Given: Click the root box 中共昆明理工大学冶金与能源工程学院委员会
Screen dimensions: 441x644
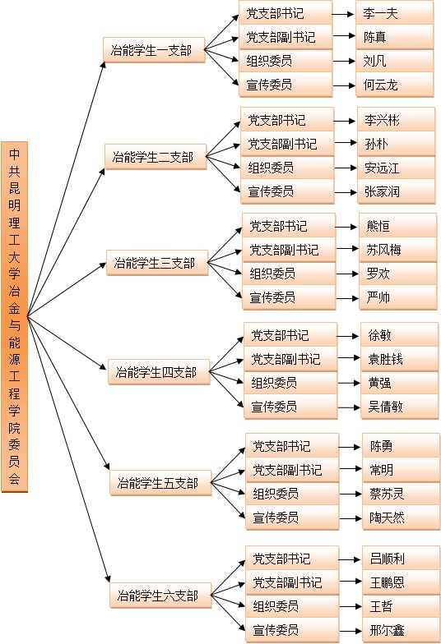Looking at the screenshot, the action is pos(15,316).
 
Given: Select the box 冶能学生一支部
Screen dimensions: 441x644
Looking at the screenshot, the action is pos(154,50).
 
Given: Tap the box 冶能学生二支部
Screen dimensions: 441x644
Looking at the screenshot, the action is pos(156,156).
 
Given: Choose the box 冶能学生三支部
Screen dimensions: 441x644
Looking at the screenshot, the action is pos(157,263).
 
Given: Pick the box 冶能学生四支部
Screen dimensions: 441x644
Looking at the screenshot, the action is pos(159,372).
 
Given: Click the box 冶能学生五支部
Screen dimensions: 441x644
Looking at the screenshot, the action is pos(160,483).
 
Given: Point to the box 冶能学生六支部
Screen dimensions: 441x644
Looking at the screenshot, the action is pos(160,595).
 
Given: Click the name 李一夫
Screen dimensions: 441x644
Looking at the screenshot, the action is pos(380,13).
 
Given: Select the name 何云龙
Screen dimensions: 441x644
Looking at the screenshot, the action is pos(380,85).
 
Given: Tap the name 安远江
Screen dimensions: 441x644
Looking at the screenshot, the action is pos(382,168).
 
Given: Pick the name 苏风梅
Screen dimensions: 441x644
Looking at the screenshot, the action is pos(383,250).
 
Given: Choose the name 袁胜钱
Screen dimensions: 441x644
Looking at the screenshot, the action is pos(385,360).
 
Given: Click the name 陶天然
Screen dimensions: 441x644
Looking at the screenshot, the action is pos(387,517).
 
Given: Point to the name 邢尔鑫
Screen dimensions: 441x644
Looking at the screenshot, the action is pos(387,630).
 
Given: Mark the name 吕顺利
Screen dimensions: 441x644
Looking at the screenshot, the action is pos(387,559).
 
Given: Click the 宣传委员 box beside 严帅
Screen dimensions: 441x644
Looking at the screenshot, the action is pos(289,297).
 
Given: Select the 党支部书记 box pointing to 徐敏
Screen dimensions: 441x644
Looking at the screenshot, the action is pos(290,335).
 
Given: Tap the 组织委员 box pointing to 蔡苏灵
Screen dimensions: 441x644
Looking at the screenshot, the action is pos(292,493).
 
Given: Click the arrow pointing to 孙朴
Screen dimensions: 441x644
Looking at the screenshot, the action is pos(346,143).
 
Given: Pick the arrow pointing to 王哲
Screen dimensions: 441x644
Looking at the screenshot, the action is pos(350,606).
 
